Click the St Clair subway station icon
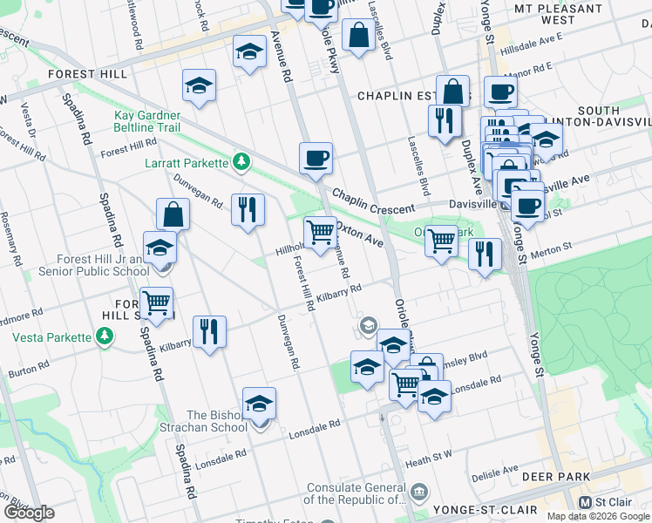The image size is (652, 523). [586, 503]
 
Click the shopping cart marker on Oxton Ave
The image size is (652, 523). [320, 232]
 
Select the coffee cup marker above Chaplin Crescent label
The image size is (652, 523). [316, 159]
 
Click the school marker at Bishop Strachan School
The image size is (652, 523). [259, 404]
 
